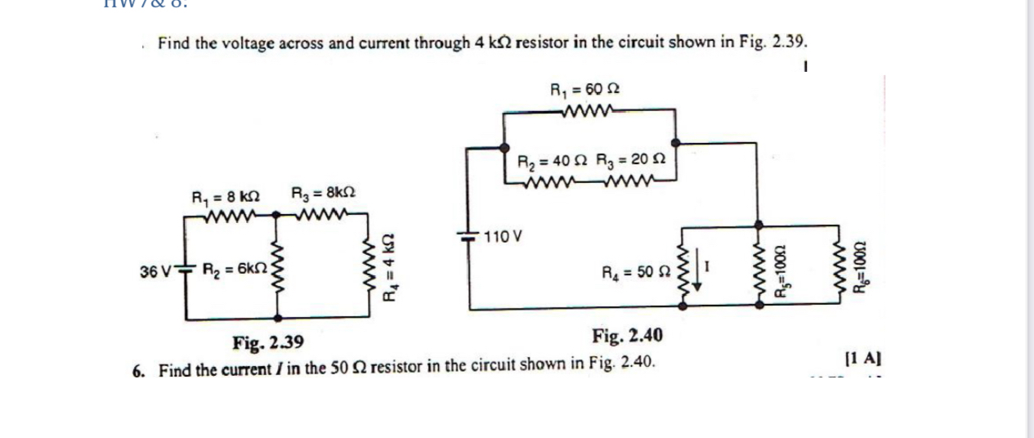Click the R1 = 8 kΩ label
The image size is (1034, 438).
point(225,197)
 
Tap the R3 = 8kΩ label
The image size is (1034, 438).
point(323,195)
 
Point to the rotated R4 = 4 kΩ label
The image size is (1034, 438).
point(391,267)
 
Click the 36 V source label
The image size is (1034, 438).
point(156,268)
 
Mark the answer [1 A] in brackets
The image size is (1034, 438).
point(864,358)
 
